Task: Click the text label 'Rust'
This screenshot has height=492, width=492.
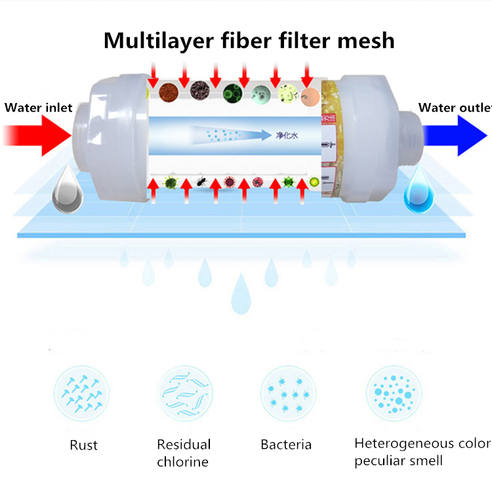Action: (x=83, y=445)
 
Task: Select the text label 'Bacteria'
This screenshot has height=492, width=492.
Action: (x=286, y=445)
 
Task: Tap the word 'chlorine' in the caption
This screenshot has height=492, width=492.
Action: (x=183, y=462)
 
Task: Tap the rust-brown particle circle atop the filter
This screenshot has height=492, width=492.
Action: (x=171, y=91)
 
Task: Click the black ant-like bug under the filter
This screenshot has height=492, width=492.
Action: (x=200, y=178)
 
